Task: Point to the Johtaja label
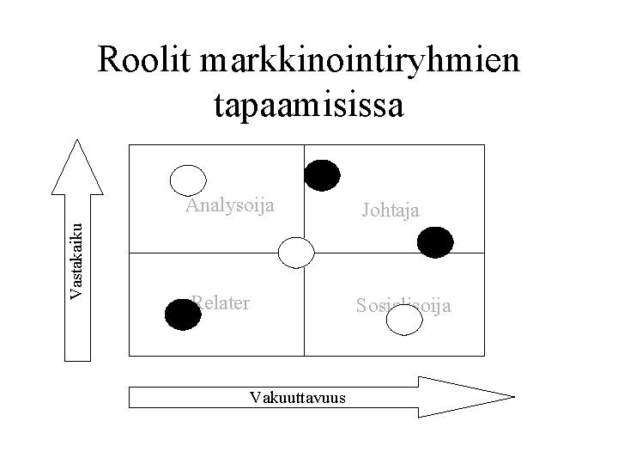tap(391, 209)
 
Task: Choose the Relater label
tap(221, 302)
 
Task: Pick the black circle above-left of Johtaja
tap(322, 174)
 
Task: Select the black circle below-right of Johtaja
tap(435, 241)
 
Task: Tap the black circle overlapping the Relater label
tap(182, 315)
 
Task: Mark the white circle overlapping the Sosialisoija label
tap(404, 320)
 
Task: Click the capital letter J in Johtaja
tap(367, 209)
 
